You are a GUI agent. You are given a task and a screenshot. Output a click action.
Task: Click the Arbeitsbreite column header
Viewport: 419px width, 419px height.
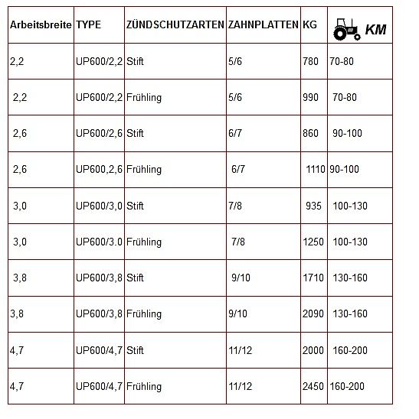point(41,25)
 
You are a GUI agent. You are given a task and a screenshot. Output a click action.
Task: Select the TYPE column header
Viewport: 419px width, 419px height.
point(88,25)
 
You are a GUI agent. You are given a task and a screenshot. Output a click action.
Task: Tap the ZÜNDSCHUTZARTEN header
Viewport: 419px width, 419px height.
point(175,25)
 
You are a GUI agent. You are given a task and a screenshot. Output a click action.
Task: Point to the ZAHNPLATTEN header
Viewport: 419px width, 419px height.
point(263,25)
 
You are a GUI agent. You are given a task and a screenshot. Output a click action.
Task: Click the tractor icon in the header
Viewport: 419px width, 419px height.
point(346,31)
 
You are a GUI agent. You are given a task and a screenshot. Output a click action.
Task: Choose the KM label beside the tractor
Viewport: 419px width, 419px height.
point(375,30)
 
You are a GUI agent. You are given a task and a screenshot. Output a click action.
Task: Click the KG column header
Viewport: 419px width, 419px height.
point(309,25)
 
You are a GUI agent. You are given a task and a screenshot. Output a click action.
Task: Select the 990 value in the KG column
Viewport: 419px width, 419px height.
point(311,97)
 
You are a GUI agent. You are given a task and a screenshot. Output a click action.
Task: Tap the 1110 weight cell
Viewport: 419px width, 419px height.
point(315,169)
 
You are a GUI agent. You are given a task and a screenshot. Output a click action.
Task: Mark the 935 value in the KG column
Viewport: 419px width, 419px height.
point(313,206)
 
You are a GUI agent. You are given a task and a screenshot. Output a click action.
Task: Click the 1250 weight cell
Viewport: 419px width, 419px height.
point(313,242)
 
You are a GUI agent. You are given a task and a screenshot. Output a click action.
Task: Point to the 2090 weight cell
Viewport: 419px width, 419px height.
point(313,313)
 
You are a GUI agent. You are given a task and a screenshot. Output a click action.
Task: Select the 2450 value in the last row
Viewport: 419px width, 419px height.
point(313,386)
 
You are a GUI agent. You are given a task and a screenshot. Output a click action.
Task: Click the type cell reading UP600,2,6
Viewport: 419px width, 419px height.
point(99,169)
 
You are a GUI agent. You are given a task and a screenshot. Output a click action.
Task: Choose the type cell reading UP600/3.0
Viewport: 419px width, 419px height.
point(99,242)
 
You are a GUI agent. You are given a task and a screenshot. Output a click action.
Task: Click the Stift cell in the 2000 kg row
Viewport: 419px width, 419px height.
point(135,350)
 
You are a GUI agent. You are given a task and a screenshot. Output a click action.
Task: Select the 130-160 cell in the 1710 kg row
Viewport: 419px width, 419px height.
point(350,278)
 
